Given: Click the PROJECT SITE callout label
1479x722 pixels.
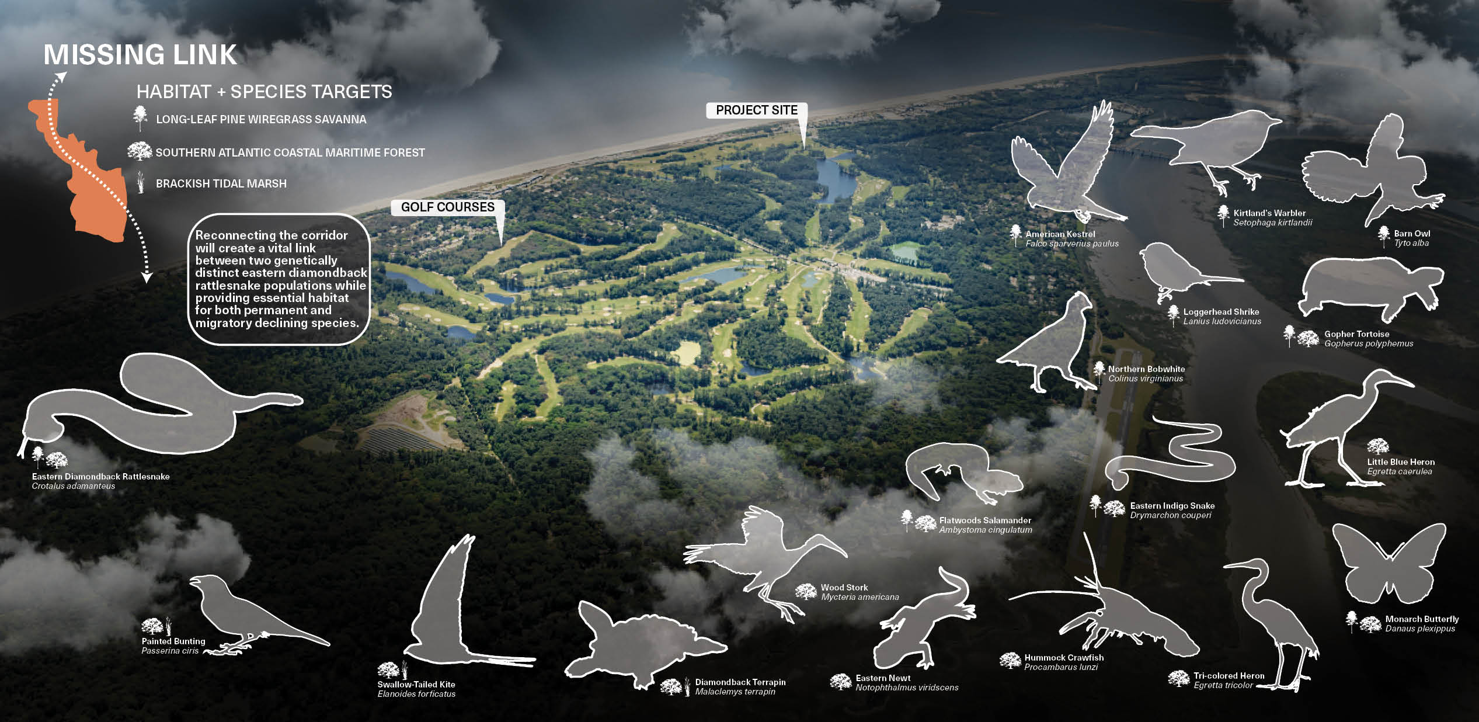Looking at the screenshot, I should click(756, 110).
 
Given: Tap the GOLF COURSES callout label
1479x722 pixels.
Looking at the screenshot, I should click(447, 207).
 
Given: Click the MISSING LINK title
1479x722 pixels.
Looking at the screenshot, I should click(140, 55).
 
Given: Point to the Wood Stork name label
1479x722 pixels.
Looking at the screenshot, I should click(844, 588).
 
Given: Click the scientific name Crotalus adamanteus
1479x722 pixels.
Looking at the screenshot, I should click(74, 486).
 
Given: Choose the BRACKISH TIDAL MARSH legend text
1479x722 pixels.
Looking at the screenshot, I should click(221, 184).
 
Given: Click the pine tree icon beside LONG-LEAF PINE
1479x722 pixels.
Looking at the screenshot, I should click(140, 118).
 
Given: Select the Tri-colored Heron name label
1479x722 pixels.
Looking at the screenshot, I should click(1229, 676).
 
